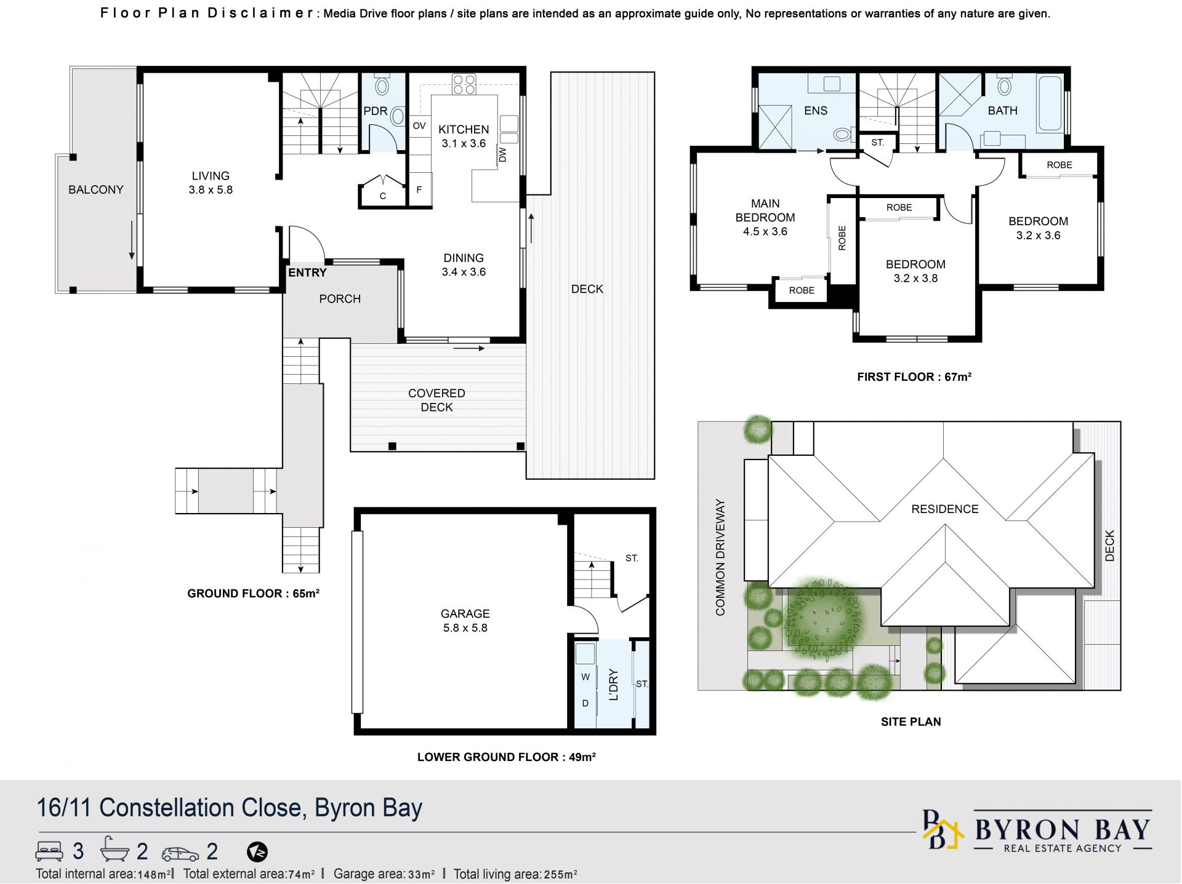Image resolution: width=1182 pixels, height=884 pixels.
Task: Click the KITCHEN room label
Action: click(x=464, y=129)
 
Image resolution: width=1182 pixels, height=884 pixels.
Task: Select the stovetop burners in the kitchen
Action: click(x=464, y=84)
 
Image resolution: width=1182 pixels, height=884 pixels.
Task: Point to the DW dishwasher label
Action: click(x=502, y=155)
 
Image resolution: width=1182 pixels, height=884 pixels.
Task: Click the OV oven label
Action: click(x=419, y=126)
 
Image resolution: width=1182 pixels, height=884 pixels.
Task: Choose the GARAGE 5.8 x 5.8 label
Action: click(x=465, y=621)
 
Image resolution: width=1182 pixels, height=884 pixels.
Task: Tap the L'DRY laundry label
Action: click(x=613, y=685)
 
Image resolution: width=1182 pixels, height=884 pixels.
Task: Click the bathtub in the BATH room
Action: click(x=1050, y=103)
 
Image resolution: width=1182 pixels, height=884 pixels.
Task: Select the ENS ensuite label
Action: click(x=816, y=111)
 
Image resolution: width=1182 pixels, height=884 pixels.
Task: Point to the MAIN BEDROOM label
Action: click(x=765, y=210)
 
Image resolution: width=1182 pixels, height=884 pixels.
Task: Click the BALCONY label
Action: click(x=96, y=189)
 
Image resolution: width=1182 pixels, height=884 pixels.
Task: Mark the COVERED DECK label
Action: click(x=436, y=400)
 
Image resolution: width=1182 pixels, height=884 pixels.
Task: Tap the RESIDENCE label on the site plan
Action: click(x=945, y=509)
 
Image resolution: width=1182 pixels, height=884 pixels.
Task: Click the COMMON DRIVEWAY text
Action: click(x=720, y=557)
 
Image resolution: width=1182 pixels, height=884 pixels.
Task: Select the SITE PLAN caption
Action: click(x=911, y=722)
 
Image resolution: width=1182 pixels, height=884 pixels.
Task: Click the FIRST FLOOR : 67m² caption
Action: click(x=914, y=376)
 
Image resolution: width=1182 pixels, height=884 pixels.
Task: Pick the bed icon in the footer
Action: click(x=49, y=851)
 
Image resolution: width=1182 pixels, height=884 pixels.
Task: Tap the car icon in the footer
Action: click(x=180, y=853)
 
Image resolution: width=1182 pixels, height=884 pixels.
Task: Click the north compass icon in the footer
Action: click(x=257, y=852)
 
